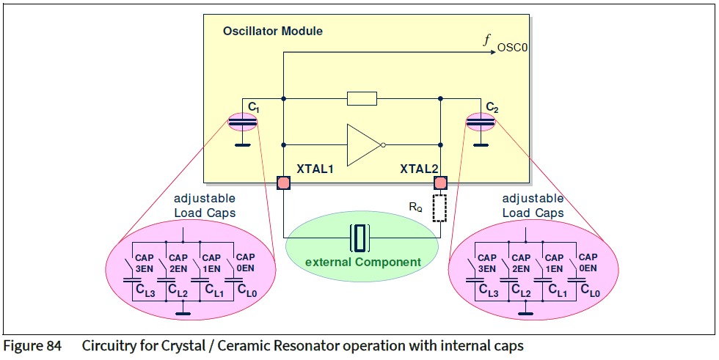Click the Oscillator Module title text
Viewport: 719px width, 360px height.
point(272,32)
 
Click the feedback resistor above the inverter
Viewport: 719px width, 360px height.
point(361,98)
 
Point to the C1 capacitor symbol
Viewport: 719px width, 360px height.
point(243,122)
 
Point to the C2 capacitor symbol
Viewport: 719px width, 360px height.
point(481,122)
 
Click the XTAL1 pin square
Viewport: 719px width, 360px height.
point(284,183)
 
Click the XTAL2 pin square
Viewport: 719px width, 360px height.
point(440,183)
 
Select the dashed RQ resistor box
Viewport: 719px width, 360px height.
point(440,208)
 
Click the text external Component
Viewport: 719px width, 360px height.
point(362,262)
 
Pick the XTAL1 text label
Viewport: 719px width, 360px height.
point(315,169)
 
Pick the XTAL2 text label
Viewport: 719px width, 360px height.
point(418,169)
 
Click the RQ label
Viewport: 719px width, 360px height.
point(415,207)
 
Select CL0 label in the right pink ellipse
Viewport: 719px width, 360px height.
point(591,293)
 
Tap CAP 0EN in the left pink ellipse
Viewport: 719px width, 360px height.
point(245,262)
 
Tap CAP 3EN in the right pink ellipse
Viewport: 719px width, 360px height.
point(487,263)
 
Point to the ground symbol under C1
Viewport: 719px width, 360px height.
point(243,144)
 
